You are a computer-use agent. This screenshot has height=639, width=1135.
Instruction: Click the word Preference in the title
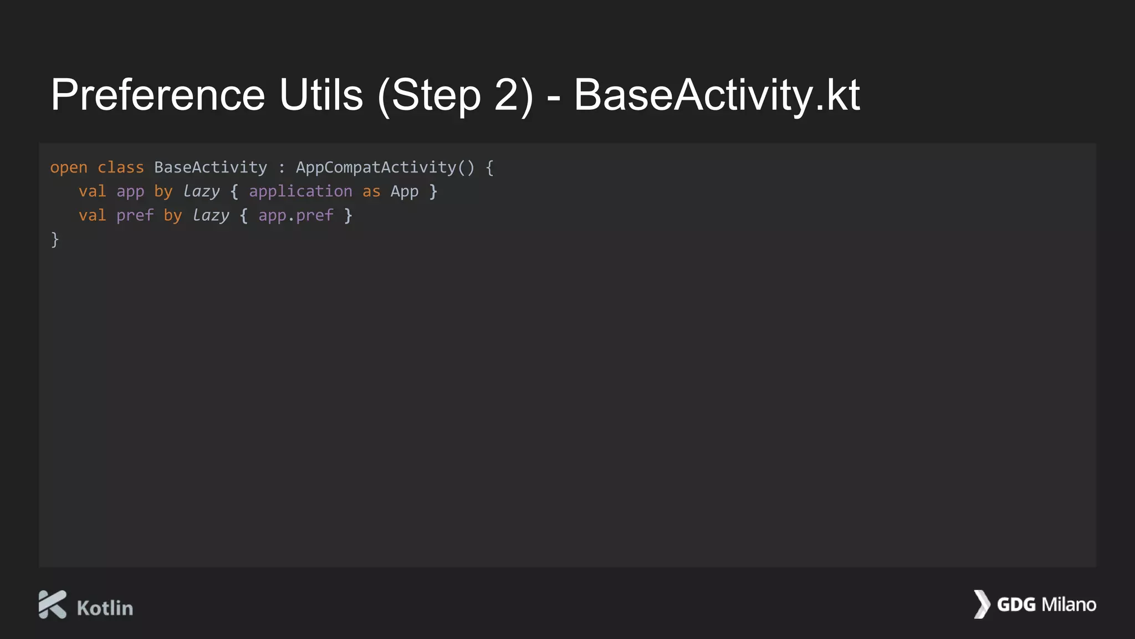click(158, 95)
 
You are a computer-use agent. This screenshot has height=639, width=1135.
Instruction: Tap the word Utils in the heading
click(321, 95)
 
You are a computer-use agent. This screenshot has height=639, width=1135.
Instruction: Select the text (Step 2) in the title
click(455, 95)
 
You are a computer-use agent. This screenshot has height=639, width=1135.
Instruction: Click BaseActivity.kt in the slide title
click(717, 95)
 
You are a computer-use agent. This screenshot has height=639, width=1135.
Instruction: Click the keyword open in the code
click(69, 168)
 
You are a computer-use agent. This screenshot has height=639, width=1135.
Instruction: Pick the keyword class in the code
click(120, 168)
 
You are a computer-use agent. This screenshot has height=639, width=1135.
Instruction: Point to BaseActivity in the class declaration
click(211, 168)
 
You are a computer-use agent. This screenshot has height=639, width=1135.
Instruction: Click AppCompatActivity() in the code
click(385, 168)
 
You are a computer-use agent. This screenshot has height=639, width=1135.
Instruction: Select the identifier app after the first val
click(130, 192)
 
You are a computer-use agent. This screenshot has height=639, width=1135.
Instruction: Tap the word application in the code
click(300, 191)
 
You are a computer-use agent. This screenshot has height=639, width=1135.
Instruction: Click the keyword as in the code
click(371, 192)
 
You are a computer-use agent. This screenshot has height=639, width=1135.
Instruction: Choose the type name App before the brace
click(405, 192)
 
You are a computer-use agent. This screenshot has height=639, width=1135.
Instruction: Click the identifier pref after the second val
click(135, 216)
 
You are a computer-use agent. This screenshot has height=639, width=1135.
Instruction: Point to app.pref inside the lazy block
click(296, 216)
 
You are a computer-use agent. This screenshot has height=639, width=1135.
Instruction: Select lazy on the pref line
click(211, 216)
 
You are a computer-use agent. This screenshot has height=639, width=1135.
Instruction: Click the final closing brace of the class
click(55, 240)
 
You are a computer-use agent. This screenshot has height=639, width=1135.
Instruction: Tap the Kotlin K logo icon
click(53, 604)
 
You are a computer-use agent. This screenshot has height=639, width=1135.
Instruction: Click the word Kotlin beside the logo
click(105, 608)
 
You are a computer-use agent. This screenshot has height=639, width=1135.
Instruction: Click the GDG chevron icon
click(981, 604)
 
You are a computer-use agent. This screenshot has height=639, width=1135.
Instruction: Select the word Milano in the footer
click(1069, 605)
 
